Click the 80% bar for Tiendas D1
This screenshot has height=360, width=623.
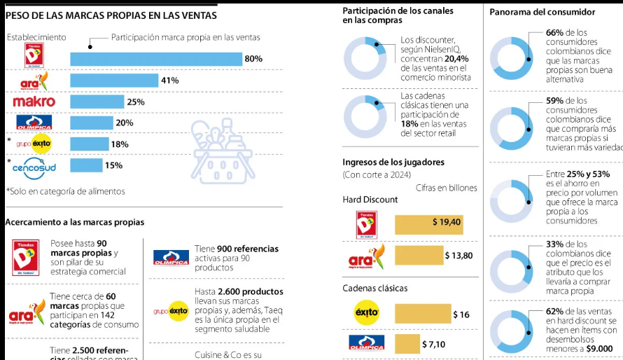click(155, 59)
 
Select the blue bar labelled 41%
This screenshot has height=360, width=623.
click(114, 81)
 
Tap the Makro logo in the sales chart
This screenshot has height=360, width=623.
click(34, 102)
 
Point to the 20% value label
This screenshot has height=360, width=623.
click(125, 123)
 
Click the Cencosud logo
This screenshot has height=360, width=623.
click(34, 167)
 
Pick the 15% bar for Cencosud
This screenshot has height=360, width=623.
click(86, 165)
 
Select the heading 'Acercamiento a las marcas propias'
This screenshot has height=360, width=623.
click(75, 222)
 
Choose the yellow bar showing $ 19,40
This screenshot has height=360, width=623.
click(428, 223)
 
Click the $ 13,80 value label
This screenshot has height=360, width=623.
click(459, 256)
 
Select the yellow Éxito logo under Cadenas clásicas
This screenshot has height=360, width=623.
click(367, 313)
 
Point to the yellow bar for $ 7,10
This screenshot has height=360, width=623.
click(407, 343)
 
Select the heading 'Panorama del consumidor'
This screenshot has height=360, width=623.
click(542, 12)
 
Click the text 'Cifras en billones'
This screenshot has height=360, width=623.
click(446, 188)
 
